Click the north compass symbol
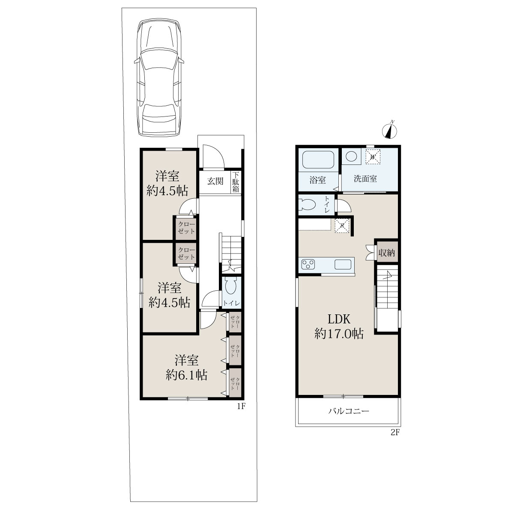click(389, 131)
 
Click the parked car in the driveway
click(159, 78)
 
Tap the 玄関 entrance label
click(215, 181)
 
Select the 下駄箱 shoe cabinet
click(236, 182)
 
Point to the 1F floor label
click(241, 406)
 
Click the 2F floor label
click(395, 432)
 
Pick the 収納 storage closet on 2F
click(386, 252)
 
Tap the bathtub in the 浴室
click(318, 160)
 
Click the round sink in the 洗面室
click(351, 156)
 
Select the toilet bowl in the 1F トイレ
click(231, 286)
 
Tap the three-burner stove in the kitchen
click(308, 265)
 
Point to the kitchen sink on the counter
click(343, 265)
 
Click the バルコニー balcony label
click(349, 411)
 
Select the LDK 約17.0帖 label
click(339, 326)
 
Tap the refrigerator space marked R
click(342, 226)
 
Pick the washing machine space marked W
click(373, 157)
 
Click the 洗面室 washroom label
click(365, 179)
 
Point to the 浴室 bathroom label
click(317, 180)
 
